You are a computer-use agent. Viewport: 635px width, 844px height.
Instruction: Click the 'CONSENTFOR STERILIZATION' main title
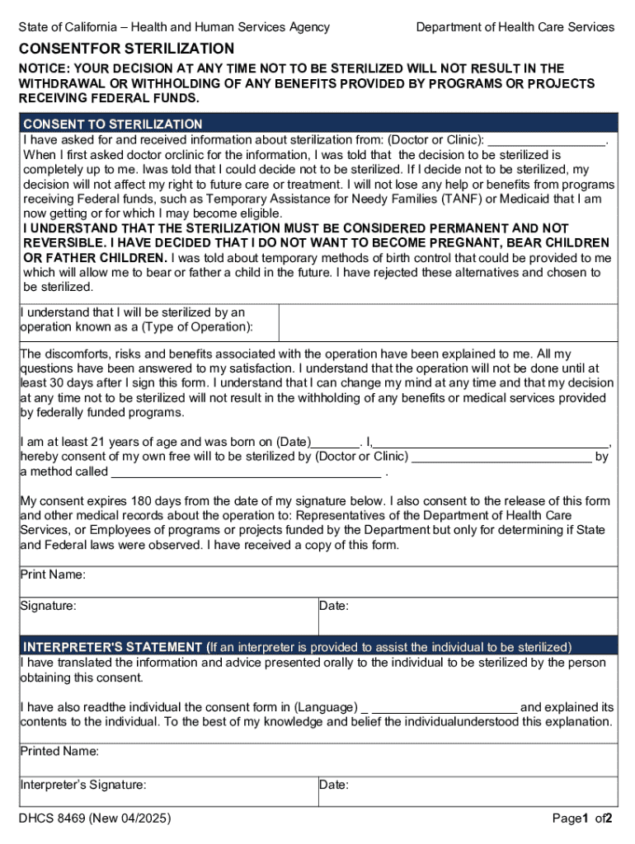[127, 49]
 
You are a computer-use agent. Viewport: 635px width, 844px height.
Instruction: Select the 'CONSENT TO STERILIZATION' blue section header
[112, 124]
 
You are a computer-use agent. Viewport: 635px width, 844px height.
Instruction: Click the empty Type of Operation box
[448, 321]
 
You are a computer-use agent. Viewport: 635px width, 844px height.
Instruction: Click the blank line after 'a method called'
[246, 472]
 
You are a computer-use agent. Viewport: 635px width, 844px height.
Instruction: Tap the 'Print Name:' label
[53, 574]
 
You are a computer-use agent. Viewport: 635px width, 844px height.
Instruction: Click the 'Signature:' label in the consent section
[49, 606]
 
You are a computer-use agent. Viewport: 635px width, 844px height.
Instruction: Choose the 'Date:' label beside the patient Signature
[334, 607]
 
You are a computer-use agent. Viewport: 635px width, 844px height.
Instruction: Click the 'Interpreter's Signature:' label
[83, 785]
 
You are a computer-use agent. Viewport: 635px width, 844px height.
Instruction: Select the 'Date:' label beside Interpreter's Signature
[334, 785]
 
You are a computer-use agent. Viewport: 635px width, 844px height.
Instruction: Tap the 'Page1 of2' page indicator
[582, 818]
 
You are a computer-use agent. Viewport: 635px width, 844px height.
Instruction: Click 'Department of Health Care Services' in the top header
[515, 27]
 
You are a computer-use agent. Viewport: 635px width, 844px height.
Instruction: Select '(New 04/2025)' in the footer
[131, 818]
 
